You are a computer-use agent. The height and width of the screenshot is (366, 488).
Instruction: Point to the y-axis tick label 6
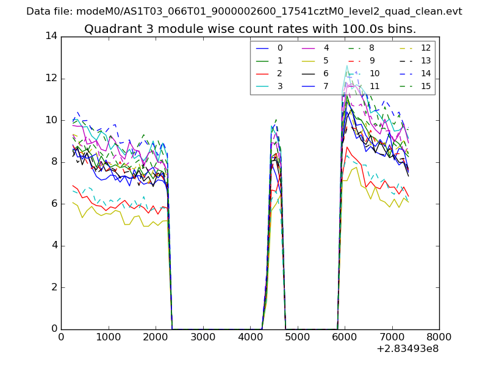(x=54, y=204)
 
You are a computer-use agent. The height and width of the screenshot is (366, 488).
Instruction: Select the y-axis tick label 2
(x=54, y=287)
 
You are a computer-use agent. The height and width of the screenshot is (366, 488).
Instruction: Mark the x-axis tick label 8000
(x=439, y=337)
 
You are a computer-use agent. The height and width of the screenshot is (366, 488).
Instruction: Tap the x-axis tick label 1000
(x=108, y=337)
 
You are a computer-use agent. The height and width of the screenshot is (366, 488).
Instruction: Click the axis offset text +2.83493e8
(x=408, y=350)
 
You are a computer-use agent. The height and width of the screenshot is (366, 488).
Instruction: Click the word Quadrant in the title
(x=109, y=29)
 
